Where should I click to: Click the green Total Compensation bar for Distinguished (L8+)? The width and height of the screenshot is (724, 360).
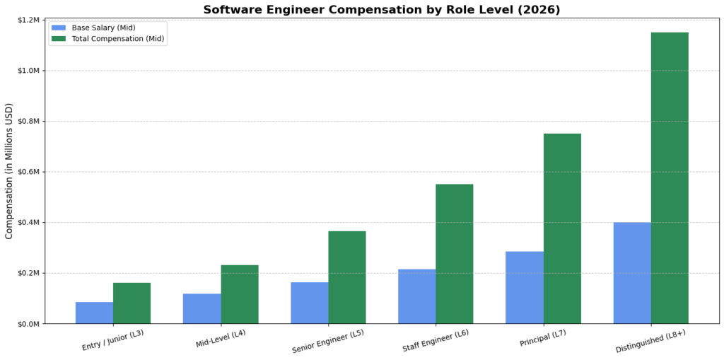(x=670, y=178)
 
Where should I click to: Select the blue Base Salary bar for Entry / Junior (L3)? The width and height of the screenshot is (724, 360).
(x=94, y=313)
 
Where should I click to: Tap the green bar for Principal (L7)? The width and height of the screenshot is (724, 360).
(x=562, y=228)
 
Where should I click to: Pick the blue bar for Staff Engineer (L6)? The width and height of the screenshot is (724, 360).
(x=416, y=296)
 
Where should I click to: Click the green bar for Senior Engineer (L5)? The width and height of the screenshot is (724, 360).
(x=347, y=277)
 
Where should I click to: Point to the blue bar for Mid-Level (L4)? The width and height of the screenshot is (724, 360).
(x=202, y=308)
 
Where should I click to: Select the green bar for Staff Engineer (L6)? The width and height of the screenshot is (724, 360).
(x=455, y=254)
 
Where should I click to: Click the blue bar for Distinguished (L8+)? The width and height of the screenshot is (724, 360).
(x=632, y=273)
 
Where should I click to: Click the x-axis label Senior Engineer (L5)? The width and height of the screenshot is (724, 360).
(x=328, y=342)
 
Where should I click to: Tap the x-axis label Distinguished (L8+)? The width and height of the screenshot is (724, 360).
(x=651, y=342)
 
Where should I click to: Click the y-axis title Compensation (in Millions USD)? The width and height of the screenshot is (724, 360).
(x=9, y=172)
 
